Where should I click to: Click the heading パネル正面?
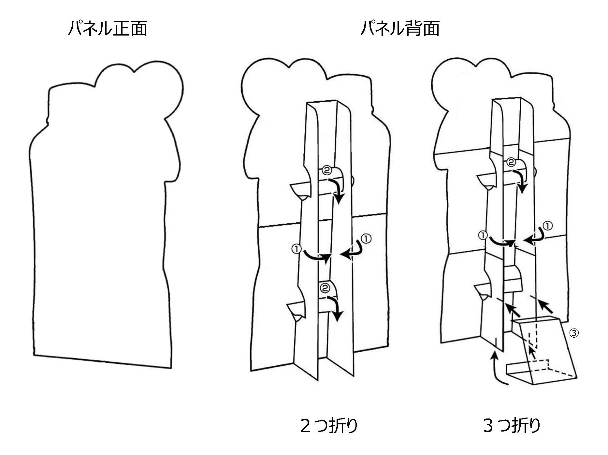pos(108,28)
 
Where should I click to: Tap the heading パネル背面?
pos(400,28)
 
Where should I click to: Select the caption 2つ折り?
pos(329,426)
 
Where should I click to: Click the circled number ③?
pos(574,333)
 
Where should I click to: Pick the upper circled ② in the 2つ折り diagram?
pos(326,170)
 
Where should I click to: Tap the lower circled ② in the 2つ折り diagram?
pos(326,288)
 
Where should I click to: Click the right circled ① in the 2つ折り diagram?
pos(366,239)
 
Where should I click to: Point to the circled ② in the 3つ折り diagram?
pos(511,162)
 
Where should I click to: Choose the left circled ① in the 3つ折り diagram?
pos(483,235)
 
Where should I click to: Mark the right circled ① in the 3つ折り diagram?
pos(548,226)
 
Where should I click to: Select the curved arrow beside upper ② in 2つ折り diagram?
pos(338,189)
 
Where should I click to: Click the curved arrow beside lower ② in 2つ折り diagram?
pos(336,308)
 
